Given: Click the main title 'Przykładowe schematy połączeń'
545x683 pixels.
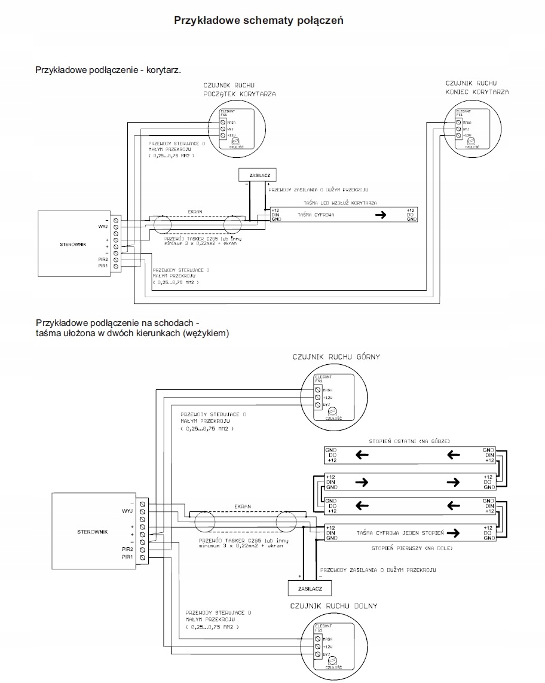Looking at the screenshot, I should [x=258, y=20].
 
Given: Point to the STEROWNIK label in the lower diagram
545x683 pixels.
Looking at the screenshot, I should [x=93, y=531].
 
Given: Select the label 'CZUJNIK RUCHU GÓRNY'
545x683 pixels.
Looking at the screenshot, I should [x=336, y=356].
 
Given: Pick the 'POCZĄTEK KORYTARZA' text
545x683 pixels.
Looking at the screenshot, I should [x=239, y=94].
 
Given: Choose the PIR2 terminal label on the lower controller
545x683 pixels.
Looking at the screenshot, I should [x=127, y=548].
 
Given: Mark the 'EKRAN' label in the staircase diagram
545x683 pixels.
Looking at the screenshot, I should [x=241, y=506].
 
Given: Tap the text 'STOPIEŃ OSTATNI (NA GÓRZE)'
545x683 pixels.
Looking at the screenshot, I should [x=411, y=441].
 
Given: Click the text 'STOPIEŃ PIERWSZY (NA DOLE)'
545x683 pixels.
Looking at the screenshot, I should [x=411, y=548].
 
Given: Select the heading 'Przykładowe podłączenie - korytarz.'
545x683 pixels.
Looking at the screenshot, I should [x=108, y=70].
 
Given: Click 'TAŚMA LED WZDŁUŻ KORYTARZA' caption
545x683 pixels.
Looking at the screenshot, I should [x=340, y=203].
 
